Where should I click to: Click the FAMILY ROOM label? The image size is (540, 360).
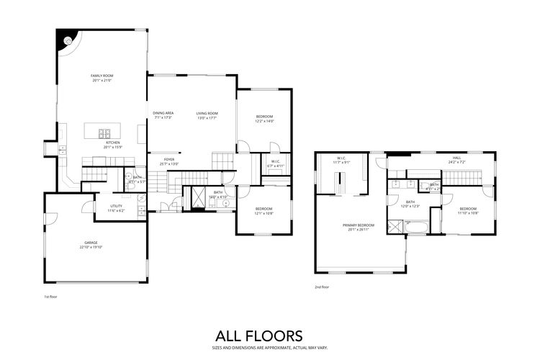click(103, 76)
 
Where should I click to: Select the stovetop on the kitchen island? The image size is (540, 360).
click(103, 132)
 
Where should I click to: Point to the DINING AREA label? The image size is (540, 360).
click(163, 113)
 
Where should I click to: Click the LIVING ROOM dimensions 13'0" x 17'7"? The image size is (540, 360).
click(207, 117)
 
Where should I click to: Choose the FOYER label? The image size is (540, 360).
click(169, 159)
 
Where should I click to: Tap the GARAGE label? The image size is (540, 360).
click(91, 243)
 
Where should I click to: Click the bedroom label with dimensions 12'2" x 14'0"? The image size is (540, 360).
click(265, 117)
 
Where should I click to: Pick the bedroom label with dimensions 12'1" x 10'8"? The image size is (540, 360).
click(264, 210)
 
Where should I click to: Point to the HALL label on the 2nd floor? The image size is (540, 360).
click(456, 157)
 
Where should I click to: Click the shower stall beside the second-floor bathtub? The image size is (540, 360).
click(394, 227)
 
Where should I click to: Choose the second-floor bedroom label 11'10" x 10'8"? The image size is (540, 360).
click(468, 210)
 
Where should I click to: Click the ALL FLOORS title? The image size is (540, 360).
click(259, 336)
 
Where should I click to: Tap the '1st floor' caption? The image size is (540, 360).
click(51, 296)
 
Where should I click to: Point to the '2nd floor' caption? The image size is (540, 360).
click(322, 287)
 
